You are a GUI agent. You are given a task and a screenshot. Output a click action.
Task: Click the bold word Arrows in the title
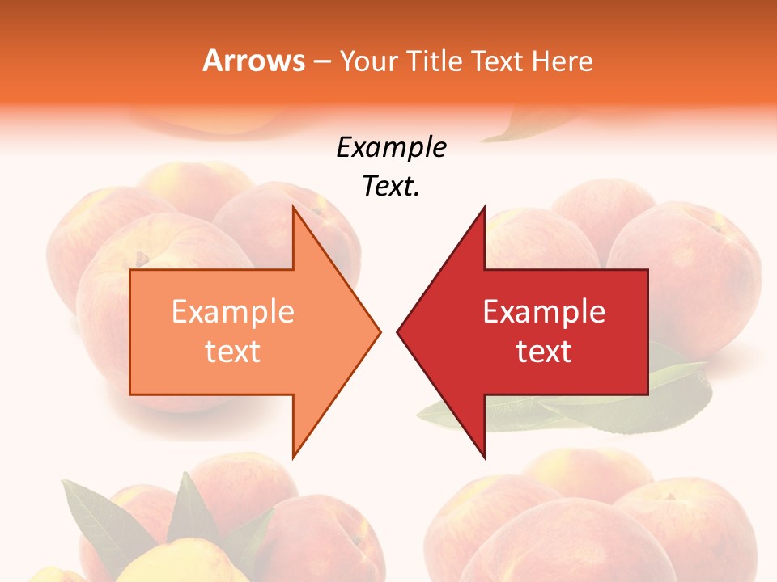[253, 61]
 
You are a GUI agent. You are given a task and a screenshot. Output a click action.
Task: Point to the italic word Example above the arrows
[392, 148]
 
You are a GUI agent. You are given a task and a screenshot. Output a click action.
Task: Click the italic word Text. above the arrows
[392, 187]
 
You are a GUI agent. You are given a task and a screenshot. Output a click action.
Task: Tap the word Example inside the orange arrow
[233, 311]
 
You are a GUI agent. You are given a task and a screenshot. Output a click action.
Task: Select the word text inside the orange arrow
[233, 352]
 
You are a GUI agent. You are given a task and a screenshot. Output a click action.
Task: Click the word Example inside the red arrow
[544, 311]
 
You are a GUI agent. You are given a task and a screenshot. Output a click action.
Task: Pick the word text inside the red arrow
[544, 352]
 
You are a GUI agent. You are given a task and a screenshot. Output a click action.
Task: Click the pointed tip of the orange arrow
[380, 331]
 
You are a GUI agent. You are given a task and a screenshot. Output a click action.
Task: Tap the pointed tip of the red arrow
[398, 331]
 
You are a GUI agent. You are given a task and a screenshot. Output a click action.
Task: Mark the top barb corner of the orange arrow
[293, 207]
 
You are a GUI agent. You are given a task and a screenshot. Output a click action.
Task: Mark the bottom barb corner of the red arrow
[484, 458]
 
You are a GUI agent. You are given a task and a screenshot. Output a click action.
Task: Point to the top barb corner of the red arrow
[484, 207]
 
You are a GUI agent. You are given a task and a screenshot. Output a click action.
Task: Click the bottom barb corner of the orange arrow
[293, 458]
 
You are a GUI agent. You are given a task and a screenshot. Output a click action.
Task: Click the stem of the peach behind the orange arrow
[142, 259]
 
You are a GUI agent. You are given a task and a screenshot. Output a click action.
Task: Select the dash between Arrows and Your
[321, 61]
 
